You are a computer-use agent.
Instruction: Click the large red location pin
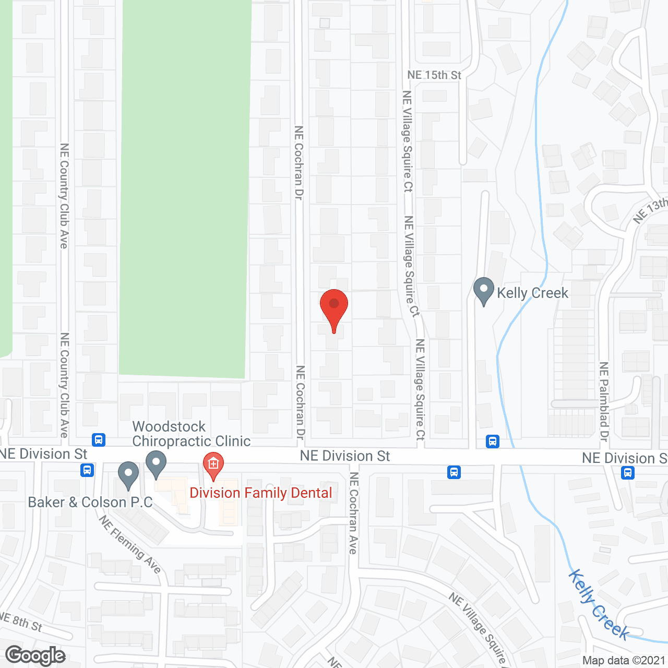(x=334, y=307)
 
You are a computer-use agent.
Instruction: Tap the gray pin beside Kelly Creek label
(x=484, y=290)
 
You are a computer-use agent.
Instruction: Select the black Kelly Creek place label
(x=532, y=293)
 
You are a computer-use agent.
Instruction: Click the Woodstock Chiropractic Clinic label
(x=191, y=434)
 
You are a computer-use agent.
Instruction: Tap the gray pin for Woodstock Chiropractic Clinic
(x=156, y=463)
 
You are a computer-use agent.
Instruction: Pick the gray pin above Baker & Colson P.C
(x=128, y=474)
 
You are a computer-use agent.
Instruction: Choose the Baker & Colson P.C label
(x=90, y=502)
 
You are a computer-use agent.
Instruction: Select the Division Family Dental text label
(x=261, y=493)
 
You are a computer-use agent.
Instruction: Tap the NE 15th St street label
(x=434, y=75)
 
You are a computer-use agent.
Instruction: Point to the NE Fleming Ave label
(x=129, y=544)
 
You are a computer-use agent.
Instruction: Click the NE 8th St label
(x=21, y=622)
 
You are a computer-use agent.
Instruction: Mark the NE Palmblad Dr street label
(x=604, y=402)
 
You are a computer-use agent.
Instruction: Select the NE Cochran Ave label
(x=354, y=513)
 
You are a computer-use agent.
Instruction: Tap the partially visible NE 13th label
(x=650, y=211)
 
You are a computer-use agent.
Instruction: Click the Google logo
(x=35, y=655)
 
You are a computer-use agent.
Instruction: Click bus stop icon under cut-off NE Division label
(x=628, y=473)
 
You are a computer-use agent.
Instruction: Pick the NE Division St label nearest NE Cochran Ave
(x=345, y=456)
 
